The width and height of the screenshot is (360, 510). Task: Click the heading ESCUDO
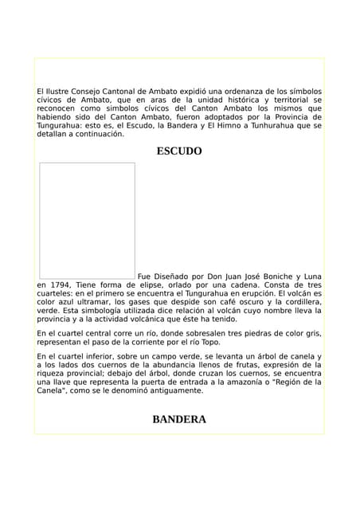tap(179, 151)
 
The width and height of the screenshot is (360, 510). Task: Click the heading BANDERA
tap(179, 419)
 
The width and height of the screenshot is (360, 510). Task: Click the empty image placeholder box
tap(88, 221)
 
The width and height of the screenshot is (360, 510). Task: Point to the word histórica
tap(239, 100)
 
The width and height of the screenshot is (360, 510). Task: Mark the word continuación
tap(99, 135)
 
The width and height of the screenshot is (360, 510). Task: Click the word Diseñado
tap(174, 276)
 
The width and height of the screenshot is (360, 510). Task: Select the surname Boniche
tap(264, 276)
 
